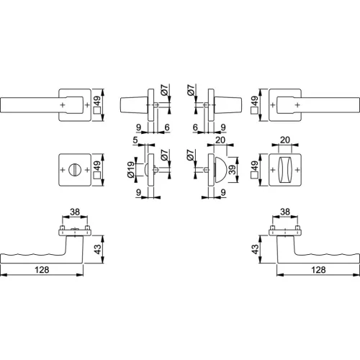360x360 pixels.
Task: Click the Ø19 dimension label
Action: coord(130,169)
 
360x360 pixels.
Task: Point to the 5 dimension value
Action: coord(135,140)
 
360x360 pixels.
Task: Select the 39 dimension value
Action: coord(233,170)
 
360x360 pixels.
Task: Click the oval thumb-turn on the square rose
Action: coord(285,170)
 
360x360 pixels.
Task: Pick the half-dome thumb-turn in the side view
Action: coord(220,170)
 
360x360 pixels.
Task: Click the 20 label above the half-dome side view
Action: coord(220,140)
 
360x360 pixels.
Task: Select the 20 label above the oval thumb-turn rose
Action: coord(285,140)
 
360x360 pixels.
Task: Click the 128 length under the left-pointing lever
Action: coord(42,270)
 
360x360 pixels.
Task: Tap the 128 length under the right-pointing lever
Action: coord(318,270)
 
